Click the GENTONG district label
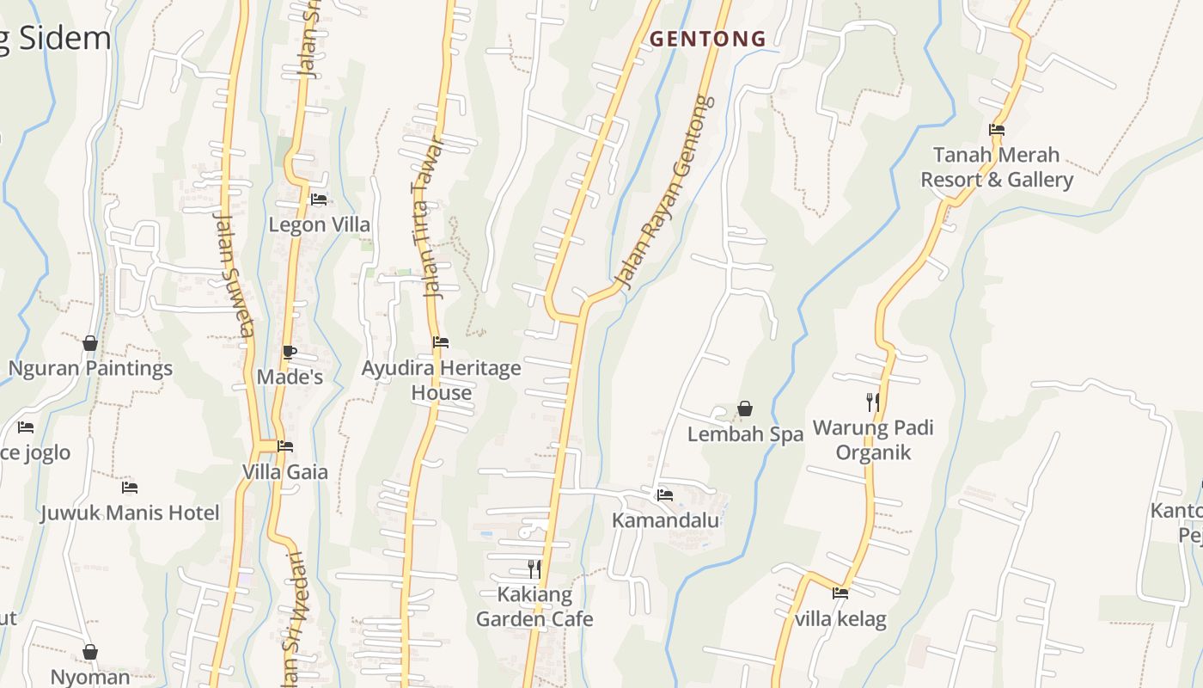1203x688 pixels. click(707, 39)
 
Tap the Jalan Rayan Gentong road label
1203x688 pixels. click(666, 193)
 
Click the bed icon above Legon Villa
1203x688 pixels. click(319, 200)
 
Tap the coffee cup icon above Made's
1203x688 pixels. click(290, 352)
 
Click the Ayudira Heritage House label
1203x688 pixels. click(441, 380)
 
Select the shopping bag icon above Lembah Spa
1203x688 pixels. click(745, 409)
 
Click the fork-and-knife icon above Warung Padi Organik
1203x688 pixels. click(873, 402)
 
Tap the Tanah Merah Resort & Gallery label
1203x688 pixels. click(997, 167)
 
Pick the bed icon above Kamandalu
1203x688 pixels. click(664, 495)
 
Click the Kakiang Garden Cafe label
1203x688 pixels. click(534, 606)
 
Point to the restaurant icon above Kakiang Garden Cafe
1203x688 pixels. click(534, 568)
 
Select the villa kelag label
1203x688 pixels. click(840, 619)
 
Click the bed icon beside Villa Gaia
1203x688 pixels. click(285, 446)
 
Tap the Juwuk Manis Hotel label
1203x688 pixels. click(130, 513)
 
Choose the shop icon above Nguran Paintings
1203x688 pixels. click(90, 344)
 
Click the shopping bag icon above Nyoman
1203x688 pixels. click(90, 653)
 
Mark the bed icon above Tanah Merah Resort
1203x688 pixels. click(997, 131)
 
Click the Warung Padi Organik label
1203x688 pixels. click(873, 439)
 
